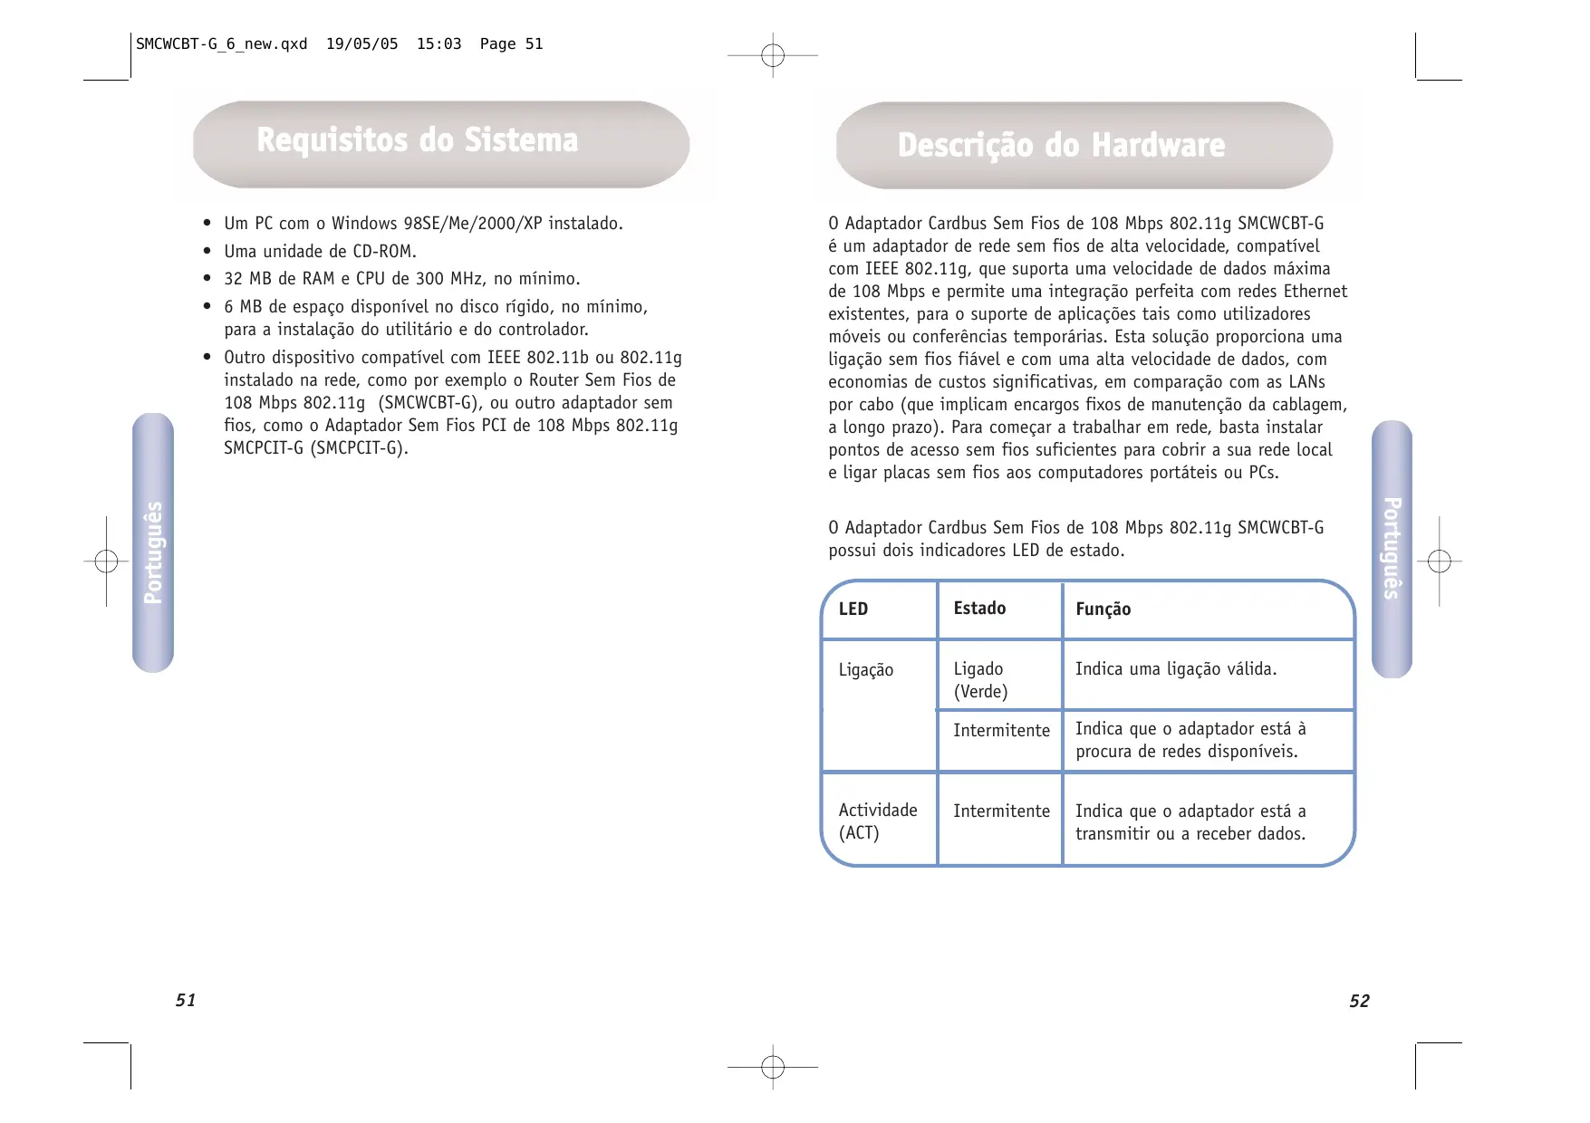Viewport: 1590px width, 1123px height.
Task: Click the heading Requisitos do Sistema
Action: coord(417,141)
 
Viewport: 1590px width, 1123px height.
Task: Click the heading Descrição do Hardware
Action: coord(1061,146)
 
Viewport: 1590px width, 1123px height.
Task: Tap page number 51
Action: coord(186,1000)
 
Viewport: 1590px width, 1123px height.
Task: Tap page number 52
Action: coord(1359,1001)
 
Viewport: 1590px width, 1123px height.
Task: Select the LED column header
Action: coord(853,609)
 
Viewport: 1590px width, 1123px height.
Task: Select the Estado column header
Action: coord(979,609)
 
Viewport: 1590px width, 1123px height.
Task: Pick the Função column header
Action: coord(1103,609)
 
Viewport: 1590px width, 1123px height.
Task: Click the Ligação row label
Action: coord(866,670)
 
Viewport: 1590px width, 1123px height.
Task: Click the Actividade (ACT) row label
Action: coord(877,821)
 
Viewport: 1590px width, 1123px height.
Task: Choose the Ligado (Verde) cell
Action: coord(980,680)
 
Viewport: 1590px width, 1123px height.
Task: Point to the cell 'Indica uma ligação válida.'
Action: coord(1176,669)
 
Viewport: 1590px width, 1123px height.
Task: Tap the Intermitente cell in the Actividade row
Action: coord(1001,811)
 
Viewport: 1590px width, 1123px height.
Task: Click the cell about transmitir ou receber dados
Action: coord(1190,822)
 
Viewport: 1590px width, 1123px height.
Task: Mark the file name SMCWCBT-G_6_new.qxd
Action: coord(222,44)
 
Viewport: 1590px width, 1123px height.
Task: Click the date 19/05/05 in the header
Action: coord(361,44)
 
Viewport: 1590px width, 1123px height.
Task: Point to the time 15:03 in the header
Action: coord(438,44)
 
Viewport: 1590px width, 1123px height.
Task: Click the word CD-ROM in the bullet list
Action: coord(384,252)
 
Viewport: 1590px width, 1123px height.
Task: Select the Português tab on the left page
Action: coord(153,552)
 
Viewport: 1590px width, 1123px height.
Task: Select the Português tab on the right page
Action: coord(1392,548)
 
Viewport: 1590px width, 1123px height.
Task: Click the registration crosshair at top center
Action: coord(773,56)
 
